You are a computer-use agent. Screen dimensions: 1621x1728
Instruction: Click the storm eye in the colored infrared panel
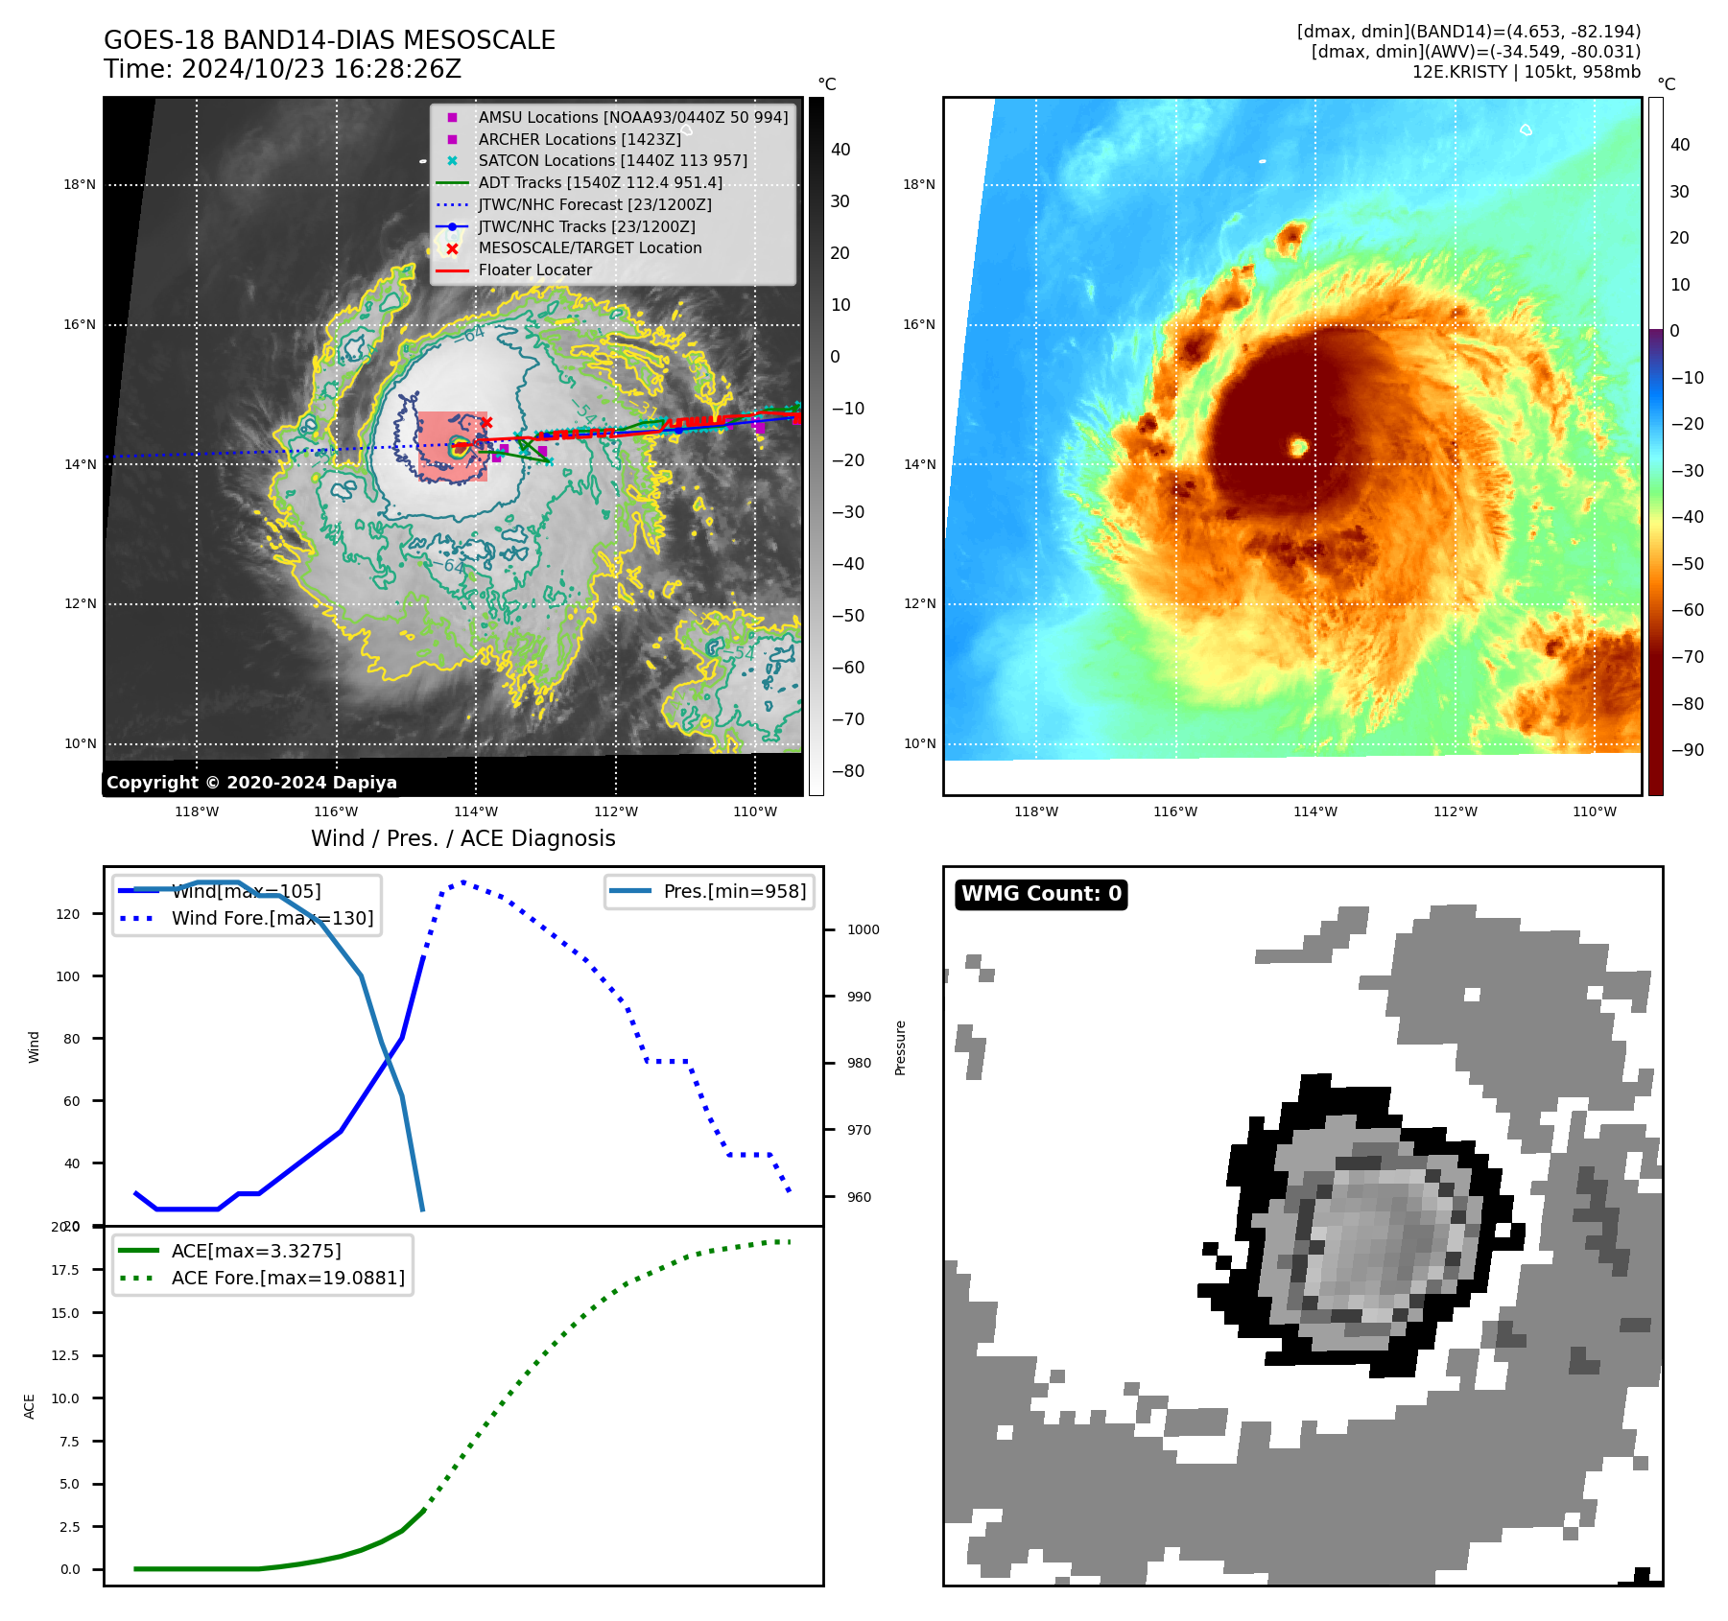point(1298,447)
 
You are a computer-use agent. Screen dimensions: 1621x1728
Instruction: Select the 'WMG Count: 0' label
point(1041,894)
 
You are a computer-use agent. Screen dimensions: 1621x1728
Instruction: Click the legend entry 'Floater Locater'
point(534,270)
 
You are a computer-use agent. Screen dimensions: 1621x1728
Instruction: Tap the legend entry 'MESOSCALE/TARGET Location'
point(589,248)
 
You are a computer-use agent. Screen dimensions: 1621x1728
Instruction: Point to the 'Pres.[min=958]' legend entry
point(734,892)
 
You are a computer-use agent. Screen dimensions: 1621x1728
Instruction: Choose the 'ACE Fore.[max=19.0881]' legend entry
point(288,1279)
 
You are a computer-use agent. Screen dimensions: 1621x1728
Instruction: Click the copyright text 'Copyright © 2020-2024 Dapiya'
point(251,783)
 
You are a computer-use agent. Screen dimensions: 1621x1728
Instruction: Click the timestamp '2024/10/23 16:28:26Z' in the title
point(321,70)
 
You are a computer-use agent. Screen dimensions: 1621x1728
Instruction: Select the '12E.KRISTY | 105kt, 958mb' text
point(1526,72)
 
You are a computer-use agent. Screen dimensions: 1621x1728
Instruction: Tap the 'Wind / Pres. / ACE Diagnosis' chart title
point(462,838)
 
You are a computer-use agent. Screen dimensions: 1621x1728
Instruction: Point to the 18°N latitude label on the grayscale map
point(80,185)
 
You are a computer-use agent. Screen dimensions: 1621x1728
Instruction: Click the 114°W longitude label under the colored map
point(1314,812)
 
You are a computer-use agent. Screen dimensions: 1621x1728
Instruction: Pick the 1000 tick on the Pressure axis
point(863,929)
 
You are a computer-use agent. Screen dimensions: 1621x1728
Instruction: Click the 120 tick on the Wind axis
point(68,914)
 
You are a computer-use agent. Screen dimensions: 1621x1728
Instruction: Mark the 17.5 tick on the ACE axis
point(65,1270)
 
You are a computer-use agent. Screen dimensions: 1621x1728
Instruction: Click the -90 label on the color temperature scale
point(1687,750)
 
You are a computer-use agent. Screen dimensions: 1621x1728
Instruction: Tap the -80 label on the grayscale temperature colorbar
point(847,771)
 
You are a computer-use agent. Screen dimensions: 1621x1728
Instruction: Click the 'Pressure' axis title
point(900,1047)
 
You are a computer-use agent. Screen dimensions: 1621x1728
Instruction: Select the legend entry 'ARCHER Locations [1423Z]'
point(580,140)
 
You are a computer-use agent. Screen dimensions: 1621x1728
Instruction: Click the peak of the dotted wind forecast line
point(463,881)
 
